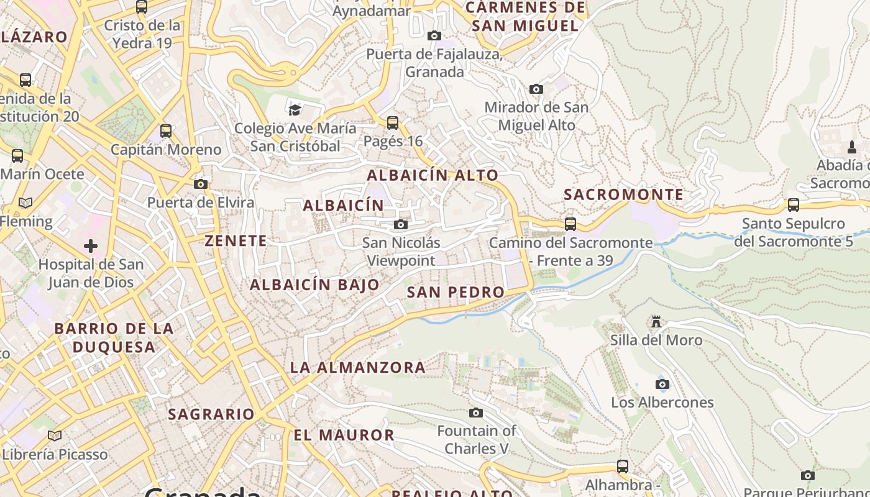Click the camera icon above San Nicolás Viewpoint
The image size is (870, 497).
tap(401, 224)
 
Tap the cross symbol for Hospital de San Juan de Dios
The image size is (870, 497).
tap(91, 246)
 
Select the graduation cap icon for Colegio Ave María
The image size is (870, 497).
tap(295, 110)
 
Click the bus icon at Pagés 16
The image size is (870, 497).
tap(393, 123)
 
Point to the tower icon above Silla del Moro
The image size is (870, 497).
tap(656, 322)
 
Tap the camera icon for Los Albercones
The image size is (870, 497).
tap(662, 384)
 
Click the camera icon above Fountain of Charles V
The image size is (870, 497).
tap(476, 413)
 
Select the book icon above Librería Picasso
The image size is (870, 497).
tap(55, 435)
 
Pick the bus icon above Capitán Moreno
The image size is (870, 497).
tap(166, 131)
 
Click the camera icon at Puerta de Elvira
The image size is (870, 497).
tap(200, 184)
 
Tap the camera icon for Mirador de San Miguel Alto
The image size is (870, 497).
tap(536, 89)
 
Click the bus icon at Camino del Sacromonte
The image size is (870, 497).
tap(570, 224)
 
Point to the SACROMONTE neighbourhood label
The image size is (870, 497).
tap(623, 194)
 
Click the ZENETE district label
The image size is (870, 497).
tap(236, 241)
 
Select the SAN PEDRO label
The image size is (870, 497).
tap(456, 292)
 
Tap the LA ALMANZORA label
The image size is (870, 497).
tap(358, 367)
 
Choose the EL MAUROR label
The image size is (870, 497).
tap(344, 435)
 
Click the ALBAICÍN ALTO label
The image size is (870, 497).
tap(433, 175)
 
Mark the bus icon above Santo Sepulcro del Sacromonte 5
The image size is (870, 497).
tap(794, 205)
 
